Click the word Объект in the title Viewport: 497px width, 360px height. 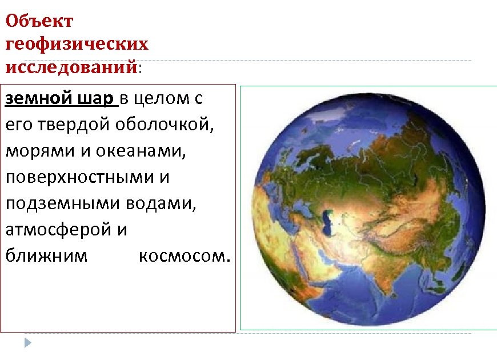click(39, 22)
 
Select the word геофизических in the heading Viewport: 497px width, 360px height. click(77, 44)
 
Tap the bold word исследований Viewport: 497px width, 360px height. click(71, 67)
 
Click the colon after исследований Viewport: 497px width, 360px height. click(141, 67)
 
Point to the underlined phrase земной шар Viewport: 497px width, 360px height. click(59, 98)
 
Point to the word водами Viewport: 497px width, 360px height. click(161, 203)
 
